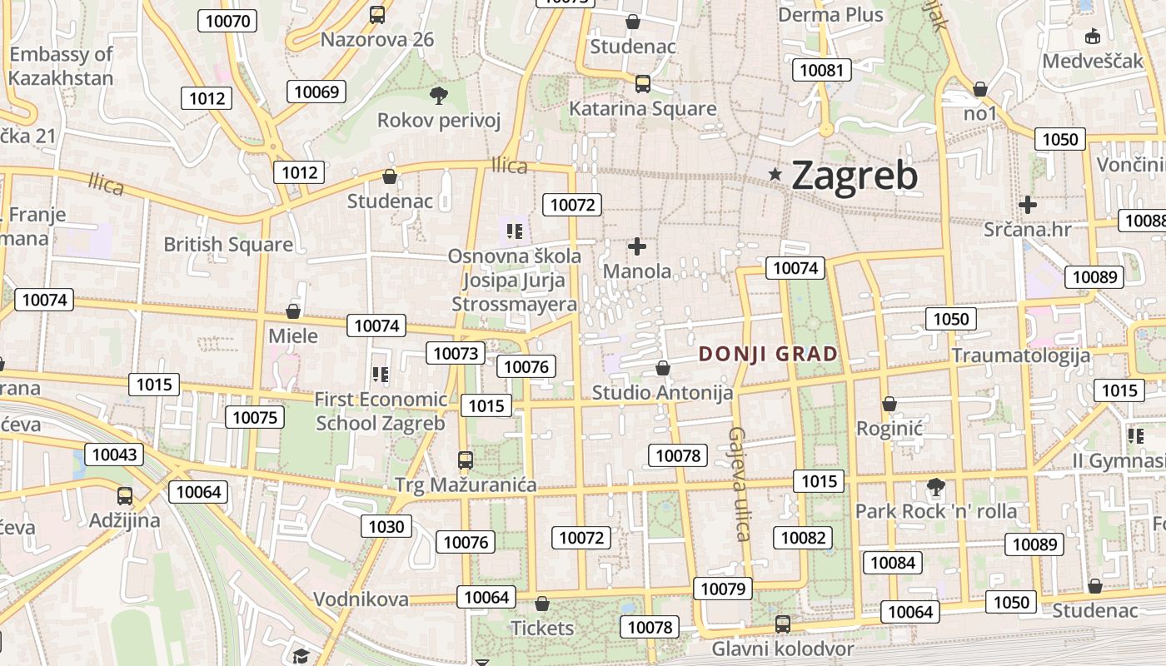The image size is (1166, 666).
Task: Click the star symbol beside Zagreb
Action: pos(775,174)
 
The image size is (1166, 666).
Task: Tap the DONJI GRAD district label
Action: pos(768,354)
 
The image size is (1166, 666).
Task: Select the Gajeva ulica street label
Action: pos(739,484)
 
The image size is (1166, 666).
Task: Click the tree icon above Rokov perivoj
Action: pos(438,96)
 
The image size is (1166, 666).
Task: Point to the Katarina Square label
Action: pos(642,108)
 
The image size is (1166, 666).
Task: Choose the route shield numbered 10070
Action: pos(226,21)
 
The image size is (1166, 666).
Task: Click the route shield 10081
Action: pos(821,70)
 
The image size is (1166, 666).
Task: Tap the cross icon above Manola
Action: pos(637,246)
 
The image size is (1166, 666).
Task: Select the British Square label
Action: pos(228,244)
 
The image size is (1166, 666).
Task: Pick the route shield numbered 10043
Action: pos(114,455)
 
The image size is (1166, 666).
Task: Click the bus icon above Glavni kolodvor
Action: pos(783,624)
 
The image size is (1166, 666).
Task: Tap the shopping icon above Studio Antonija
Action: pos(663,367)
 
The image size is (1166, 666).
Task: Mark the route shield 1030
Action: pos(386,526)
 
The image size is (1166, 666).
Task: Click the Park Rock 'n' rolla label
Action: pos(936,510)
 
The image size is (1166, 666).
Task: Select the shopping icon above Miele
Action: pos(293,311)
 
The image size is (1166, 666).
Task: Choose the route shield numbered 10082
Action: pos(803,538)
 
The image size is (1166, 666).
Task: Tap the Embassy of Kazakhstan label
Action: pos(61,67)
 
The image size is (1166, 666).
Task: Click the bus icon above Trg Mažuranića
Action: pos(466,460)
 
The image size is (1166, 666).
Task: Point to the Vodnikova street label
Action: pos(361,599)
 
